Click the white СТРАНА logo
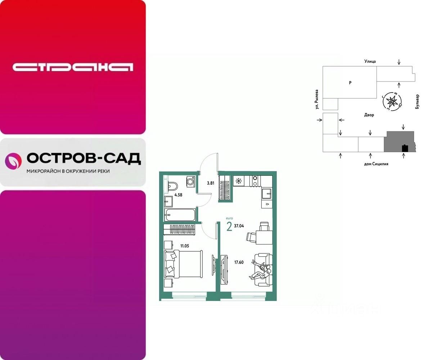click(73, 67)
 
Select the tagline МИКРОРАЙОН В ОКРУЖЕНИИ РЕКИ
click(68, 171)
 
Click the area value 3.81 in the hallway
click(211, 183)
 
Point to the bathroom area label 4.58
click(179, 195)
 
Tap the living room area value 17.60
click(238, 262)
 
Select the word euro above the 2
click(229, 218)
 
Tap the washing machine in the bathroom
click(191, 181)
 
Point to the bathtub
click(180, 215)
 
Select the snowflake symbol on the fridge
click(238, 180)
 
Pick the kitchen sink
click(266, 194)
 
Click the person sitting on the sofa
click(260, 272)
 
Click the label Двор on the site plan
click(369, 115)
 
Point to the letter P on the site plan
click(350, 83)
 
